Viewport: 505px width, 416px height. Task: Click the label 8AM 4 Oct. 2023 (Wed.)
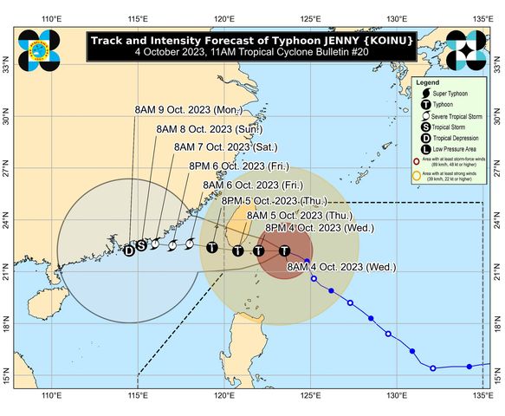tap(328, 264)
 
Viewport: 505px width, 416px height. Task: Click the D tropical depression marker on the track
tap(129, 250)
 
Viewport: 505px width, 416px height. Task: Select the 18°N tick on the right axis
tap(497, 328)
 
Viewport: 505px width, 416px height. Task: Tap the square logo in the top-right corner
tap(470, 49)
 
